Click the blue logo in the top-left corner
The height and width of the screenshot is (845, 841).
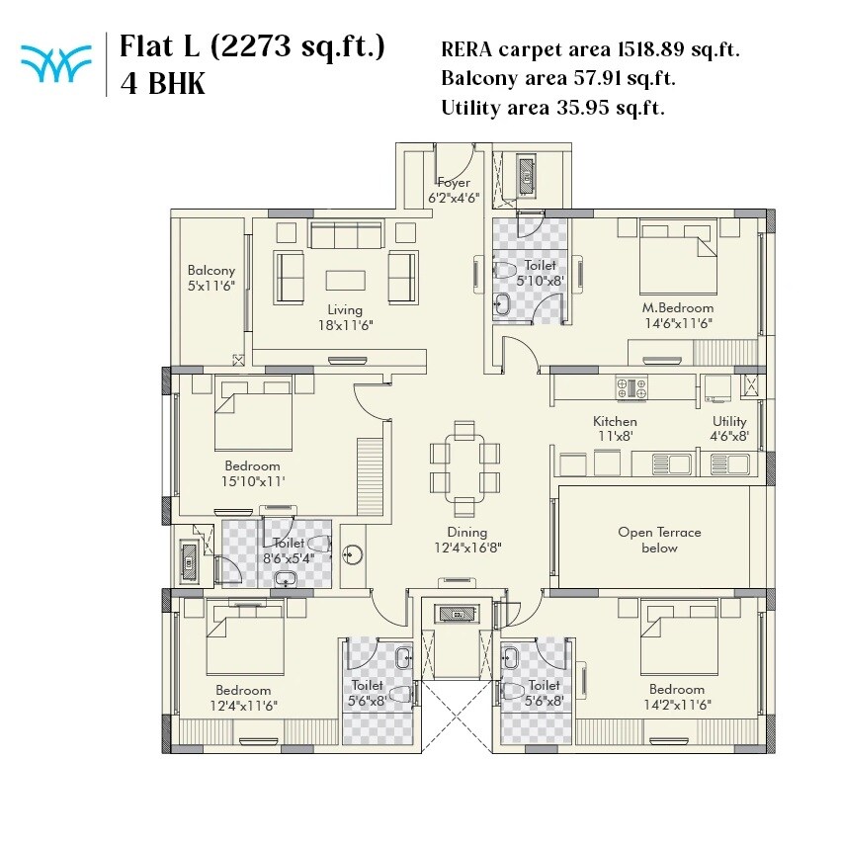[52, 65]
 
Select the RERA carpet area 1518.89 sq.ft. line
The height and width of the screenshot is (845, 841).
[591, 49]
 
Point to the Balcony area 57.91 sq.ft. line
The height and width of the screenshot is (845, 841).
[558, 78]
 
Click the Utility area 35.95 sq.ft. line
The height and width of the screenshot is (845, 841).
[552, 108]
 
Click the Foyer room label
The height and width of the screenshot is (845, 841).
[454, 183]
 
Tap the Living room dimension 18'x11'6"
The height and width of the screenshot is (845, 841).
[345, 324]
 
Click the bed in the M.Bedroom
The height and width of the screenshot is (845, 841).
[677, 254]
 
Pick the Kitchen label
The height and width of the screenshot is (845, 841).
[615, 421]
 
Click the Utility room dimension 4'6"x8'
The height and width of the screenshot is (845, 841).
[729, 436]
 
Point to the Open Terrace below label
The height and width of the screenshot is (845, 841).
[659, 540]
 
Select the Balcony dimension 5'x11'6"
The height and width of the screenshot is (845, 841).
[211, 286]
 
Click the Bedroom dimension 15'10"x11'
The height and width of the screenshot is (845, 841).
[252, 481]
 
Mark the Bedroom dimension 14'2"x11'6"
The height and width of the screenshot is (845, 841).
[677, 705]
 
